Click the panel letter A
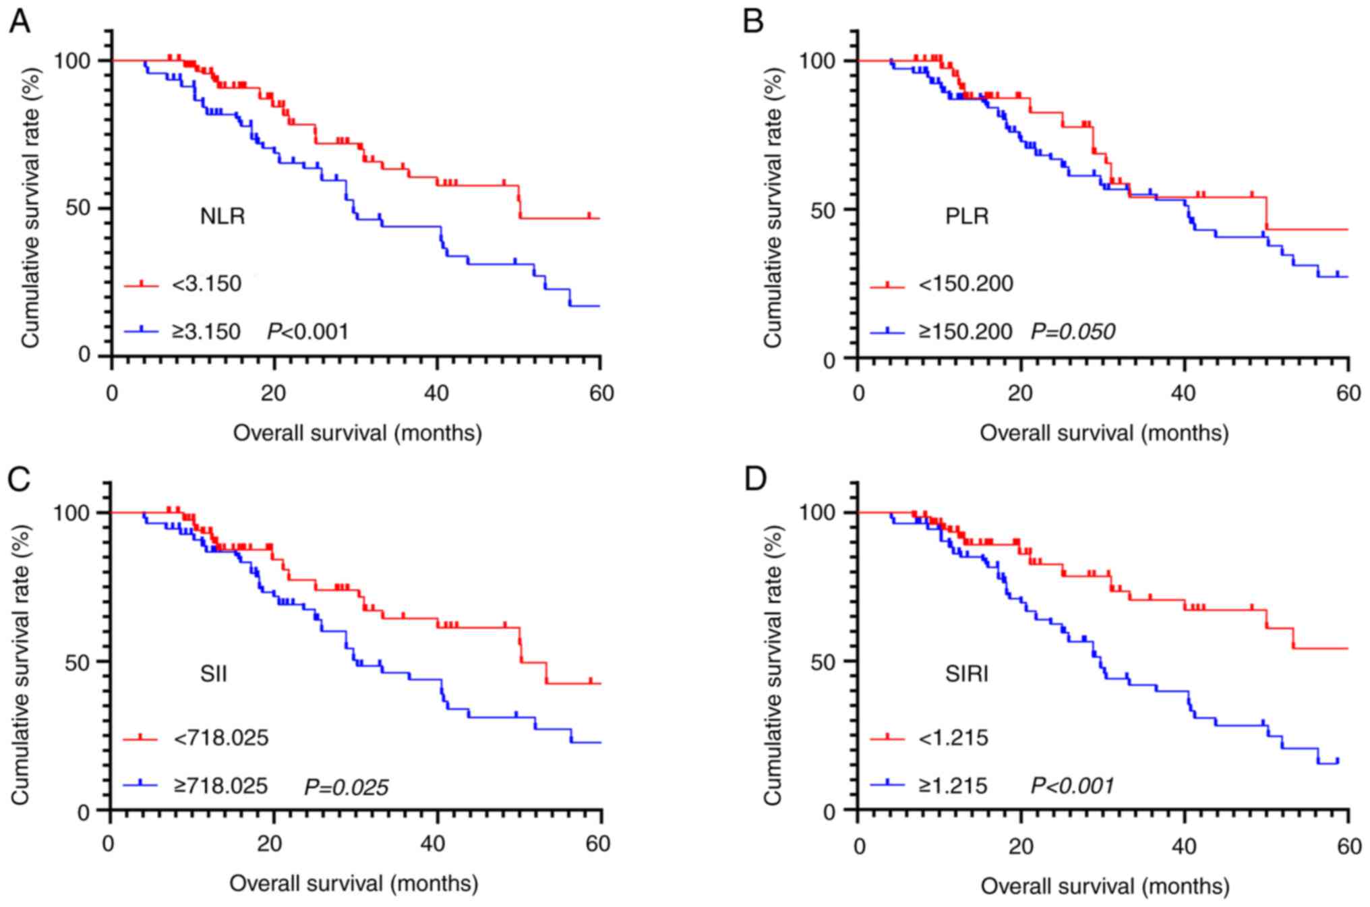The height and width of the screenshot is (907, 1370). pyautogui.click(x=20, y=22)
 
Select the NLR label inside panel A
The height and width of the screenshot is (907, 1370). pyautogui.click(x=222, y=216)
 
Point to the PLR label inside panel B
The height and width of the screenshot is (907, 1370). pyautogui.click(x=967, y=216)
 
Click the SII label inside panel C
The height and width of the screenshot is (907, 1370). pyautogui.click(x=213, y=674)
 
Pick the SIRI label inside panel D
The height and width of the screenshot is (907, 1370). pyautogui.click(x=967, y=674)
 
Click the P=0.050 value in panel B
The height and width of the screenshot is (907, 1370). pyautogui.click(x=1073, y=332)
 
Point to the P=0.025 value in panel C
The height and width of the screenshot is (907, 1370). pyautogui.click(x=347, y=787)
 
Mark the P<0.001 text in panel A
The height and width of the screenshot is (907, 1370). pyautogui.click(x=308, y=332)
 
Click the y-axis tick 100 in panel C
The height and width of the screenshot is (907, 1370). pyautogui.click(x=72, y=513)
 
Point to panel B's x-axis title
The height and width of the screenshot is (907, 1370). pyautogui.click(x=1104, y=433)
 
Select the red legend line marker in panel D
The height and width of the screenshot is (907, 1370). pyautogui.click(x=887, y=738)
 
